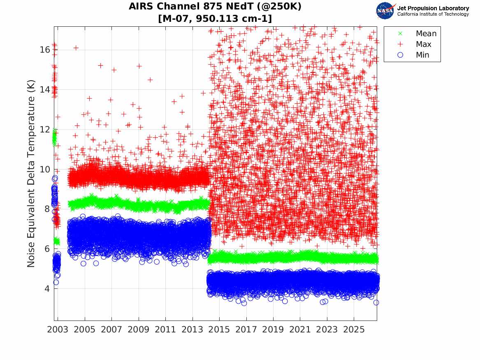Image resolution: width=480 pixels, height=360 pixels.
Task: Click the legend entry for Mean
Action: click(x=417, y=33)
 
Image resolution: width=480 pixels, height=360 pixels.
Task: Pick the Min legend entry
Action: click(x=413, y=55)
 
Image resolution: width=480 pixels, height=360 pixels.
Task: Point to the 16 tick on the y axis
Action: click(x=45, y=50)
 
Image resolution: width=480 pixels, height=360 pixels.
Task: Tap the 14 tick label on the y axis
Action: click(x=45, y=89)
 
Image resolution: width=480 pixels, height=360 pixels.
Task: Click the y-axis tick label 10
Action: click(x=45, y=169)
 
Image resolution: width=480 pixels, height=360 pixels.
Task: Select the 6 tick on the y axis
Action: click(x=47, y=249)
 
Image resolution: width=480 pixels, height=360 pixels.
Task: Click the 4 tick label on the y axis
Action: click(x=47, y=288)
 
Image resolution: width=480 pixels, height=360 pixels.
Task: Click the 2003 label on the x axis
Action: click(x=58, y=330)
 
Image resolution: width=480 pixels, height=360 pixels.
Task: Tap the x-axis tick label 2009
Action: click(x=138, y=330)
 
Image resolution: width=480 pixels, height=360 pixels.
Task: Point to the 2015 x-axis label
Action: click(x=219, y=330)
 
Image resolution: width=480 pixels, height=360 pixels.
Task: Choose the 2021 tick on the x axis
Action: click(x=300, y=330)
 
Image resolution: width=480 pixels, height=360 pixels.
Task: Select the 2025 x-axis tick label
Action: click(x=354, y=330)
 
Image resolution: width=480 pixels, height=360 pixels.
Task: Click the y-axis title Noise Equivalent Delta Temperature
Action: click(x=31, y=174)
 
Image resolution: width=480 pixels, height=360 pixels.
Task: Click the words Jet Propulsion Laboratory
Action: click(x=433, y=8)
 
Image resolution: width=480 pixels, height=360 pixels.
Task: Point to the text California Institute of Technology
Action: click(x=433, y=14)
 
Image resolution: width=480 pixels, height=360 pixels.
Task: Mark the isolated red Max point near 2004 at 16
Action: click(x=76, y=48)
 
